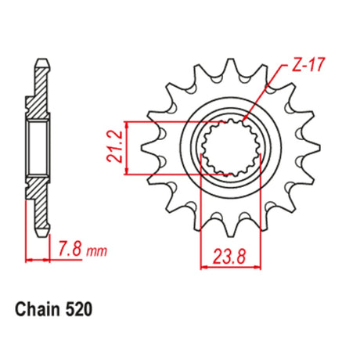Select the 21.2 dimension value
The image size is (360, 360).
[114, 146]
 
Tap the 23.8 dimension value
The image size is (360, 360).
[229, 257]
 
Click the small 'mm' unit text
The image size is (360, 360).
[96, 251]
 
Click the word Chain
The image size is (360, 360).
[38, 309]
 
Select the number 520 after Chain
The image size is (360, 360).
[78, 310]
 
